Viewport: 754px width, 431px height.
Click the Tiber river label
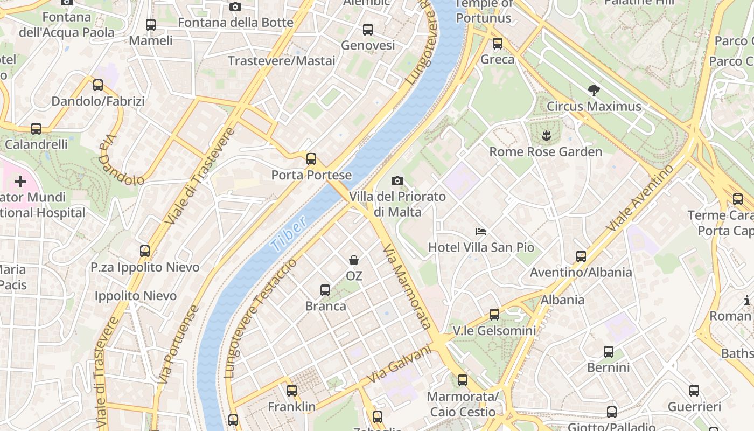(x=289, y=234)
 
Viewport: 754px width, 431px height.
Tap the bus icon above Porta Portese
(x=311, y=159)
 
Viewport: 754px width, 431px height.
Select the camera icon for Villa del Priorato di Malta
(x=397, y=180)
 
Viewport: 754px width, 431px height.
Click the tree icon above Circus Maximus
(x=594, y=90)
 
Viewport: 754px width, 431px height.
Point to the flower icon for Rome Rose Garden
(x=546, y=135)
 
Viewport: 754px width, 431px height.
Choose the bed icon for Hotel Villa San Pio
(x=481, y=232)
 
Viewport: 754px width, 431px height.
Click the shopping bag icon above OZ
(x=354, y=260)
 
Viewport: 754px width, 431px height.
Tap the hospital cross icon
(x=20, y=182)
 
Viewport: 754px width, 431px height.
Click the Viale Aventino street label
(x=639, y=198)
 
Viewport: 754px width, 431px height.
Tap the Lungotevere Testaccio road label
(x=260, y=318)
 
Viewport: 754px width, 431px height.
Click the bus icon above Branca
(x=325, y=290)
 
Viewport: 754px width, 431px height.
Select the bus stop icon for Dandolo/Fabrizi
(x=98, y=85)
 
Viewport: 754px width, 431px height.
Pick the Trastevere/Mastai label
(x=281, y=60)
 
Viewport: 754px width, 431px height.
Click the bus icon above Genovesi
(x=368, y=30)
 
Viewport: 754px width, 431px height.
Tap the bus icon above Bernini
(x=609, y=352)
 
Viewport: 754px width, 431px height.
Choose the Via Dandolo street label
(x=120, y=159)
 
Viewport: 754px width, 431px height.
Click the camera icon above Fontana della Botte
(x=235, y=7)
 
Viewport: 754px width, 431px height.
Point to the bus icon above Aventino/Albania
(x=581, y=256)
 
